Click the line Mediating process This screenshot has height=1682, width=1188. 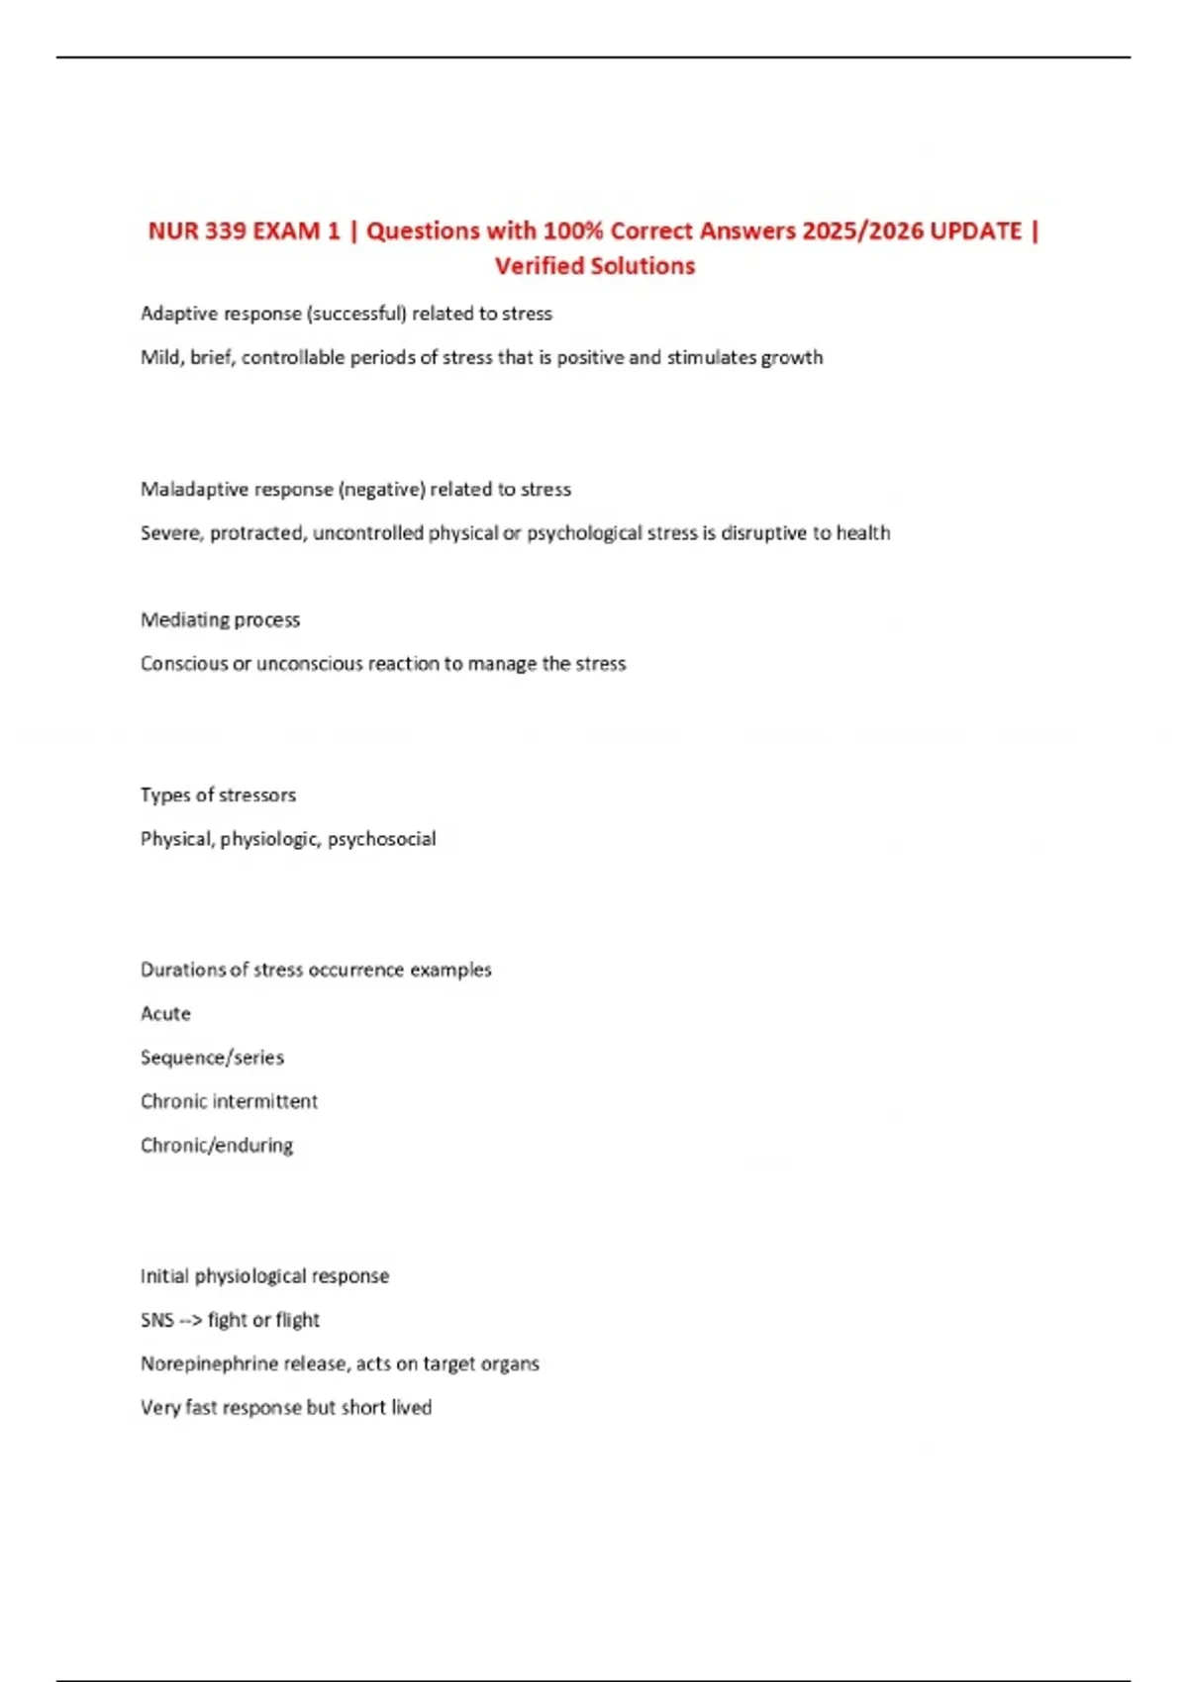click(220, 620)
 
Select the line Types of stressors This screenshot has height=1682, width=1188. click(218, 795)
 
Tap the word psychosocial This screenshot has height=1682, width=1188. click(381, 839)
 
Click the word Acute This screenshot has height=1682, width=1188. click(165, 1014)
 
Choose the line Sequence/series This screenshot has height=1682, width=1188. click(212, 1058)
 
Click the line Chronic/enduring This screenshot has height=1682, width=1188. click(217, 1146)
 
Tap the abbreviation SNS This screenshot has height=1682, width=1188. click(157, 1320)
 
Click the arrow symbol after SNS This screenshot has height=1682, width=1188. click(190, 1320)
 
